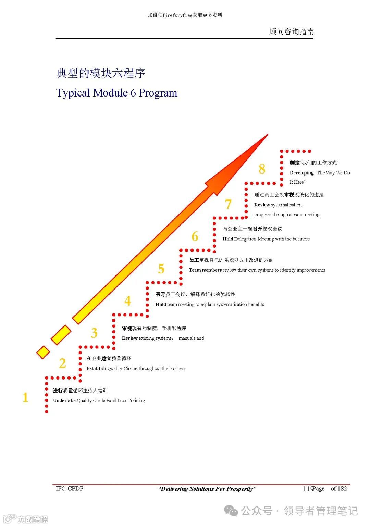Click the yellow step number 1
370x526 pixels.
(25, 398)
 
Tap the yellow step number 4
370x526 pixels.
(127, 301)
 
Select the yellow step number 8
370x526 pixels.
(262, 169)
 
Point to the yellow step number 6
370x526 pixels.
(195, 236)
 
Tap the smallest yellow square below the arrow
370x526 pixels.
(43, 352)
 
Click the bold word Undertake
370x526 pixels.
(64, 401)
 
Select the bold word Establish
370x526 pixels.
(96, 369)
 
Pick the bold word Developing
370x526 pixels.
(301, 173)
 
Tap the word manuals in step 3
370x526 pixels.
(187, 338)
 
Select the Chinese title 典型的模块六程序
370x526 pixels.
(101, 73)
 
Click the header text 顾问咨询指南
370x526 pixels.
(291, 32)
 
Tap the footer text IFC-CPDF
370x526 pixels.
(70, 488)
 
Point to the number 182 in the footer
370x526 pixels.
(342, 489)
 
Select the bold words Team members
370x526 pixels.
(205, 270)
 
